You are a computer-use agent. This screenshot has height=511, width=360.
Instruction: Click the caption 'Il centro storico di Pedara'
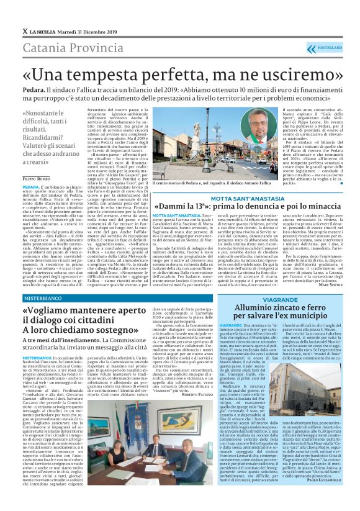click(x=180, y=184)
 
